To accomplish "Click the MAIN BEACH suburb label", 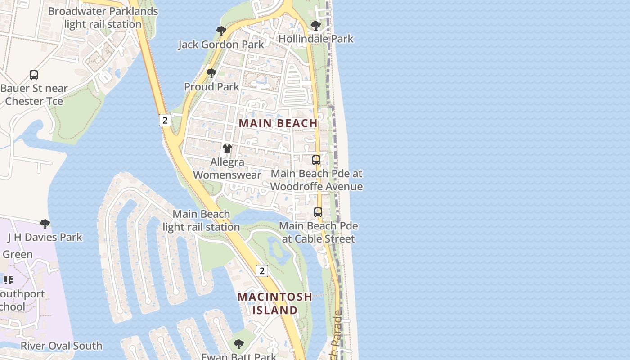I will tap(278, 123).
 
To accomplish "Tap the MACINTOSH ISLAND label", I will tap(274, 303).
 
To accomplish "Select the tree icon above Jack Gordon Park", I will tap(221, 31).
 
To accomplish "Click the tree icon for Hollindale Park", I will tap(316, 26).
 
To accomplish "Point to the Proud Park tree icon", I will tap(211, 73).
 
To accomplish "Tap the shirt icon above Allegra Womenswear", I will tap(227, 148).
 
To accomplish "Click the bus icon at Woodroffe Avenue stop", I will tap(316, 160).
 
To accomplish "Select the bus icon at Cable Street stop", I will tap(318, 212).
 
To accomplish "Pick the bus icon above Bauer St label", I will tap(34, 75).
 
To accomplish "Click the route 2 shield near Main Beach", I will tap(165, 120).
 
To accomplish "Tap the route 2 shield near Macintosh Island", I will tap(262, 270).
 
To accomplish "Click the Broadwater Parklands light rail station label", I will tap(103, 18).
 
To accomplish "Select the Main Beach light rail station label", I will tap(201, 220).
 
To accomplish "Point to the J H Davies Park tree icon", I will tap(45, 224).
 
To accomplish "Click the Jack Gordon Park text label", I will tap(221, 45).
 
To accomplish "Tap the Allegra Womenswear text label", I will tap(227, 168).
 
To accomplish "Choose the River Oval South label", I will tap(62, 346).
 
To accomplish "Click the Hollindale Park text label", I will tap(316, 39).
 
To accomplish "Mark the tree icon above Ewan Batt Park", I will tap(239, 344).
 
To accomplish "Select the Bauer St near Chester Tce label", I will tap(34, 94).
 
